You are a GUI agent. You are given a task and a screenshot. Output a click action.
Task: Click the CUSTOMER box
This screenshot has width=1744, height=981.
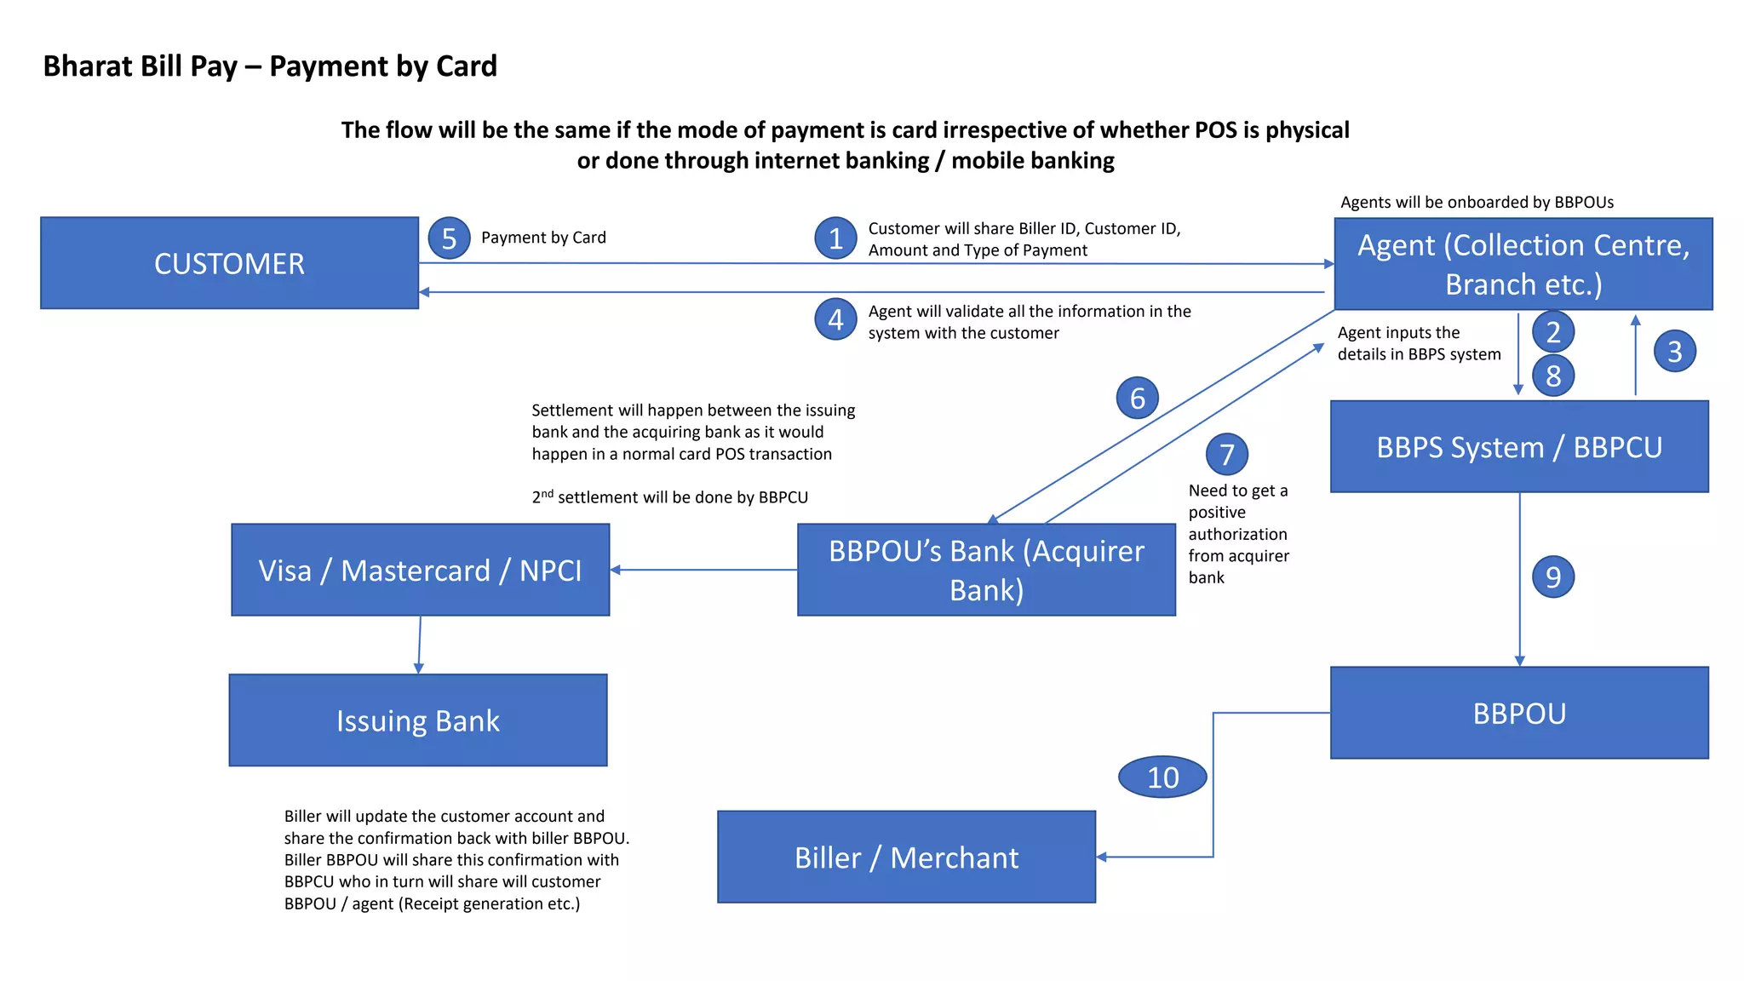229,263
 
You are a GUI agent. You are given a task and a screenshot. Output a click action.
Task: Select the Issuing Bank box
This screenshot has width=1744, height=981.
417,720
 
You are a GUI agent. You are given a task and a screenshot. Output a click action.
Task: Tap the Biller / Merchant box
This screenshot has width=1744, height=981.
906,857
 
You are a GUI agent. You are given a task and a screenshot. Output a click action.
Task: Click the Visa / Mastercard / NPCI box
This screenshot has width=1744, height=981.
420,570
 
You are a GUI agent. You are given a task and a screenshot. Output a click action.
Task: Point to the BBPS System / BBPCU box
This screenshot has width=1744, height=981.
1519,447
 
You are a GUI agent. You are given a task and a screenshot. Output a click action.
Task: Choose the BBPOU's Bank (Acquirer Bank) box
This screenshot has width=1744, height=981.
986,570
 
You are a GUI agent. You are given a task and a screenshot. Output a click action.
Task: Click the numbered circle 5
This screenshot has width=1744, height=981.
449,238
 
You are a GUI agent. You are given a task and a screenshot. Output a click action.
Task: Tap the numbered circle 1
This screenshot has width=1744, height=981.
835,238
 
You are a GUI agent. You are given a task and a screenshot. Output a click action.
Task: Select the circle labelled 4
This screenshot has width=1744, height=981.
835,319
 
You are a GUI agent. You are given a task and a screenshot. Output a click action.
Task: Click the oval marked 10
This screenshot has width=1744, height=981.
1162,777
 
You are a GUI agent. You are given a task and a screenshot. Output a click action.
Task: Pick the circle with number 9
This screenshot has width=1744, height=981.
1552,577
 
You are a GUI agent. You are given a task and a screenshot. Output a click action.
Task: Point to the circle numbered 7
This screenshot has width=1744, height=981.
1226,454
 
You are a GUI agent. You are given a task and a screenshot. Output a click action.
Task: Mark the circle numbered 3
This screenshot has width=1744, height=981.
1674,351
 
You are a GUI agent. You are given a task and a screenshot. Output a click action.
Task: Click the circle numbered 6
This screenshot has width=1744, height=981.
1137,398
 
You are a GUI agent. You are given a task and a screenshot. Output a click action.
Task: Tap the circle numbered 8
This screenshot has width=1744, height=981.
1552,376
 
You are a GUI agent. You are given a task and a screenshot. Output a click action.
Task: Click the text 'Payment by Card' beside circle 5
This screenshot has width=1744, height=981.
543,238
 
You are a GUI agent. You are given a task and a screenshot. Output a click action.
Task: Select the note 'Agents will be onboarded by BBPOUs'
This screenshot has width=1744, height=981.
1477,202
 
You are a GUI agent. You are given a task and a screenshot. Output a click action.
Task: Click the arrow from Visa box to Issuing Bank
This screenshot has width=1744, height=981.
419,645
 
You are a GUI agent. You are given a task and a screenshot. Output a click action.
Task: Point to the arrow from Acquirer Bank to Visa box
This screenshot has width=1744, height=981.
703,570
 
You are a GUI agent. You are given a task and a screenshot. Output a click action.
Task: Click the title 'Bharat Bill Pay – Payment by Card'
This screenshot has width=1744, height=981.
270,66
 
